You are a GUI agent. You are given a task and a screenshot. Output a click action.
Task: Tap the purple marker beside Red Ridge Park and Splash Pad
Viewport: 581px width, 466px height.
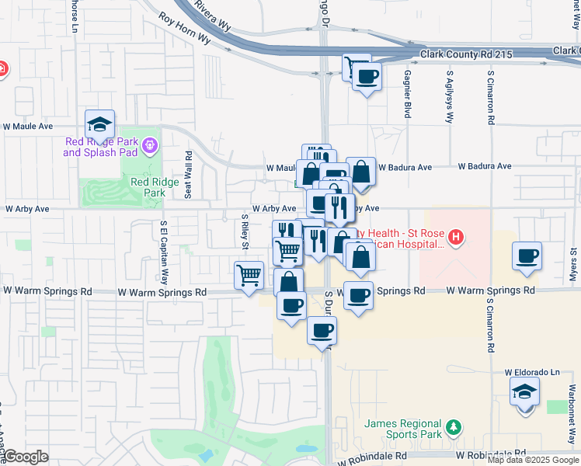[x=151, y=144]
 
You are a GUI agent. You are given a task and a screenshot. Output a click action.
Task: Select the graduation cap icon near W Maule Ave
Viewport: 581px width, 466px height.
[x=100, y=124]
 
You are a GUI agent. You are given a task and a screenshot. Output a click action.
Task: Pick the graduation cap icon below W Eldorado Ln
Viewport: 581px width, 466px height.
[x=526, y=391]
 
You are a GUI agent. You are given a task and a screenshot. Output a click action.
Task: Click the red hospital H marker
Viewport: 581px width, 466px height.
[x=457, y=236]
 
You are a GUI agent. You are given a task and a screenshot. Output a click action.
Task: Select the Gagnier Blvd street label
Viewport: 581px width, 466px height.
[x=407, y=94]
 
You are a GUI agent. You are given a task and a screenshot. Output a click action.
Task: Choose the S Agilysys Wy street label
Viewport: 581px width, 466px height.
[x=449, y=98]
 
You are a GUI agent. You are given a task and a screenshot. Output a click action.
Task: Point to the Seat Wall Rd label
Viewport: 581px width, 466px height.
[x=188, y=175]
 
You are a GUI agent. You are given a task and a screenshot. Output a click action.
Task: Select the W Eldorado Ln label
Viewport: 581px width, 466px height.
[x=532, y=373]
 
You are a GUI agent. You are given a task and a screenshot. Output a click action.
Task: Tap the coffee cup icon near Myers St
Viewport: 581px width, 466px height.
[x=527, y=257]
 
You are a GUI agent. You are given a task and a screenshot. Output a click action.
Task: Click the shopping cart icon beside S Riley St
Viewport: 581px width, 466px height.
[x=249, y=276]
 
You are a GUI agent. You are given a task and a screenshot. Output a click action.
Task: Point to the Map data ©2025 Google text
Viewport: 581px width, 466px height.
[x=532, y=460]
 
